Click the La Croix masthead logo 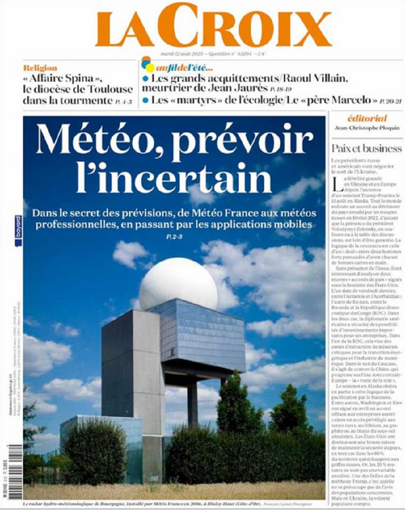click(x=213, y=26)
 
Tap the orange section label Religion click(x=40, y=68)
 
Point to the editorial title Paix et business click(x=366, y=148)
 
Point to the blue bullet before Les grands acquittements click(x=145, y=79)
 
